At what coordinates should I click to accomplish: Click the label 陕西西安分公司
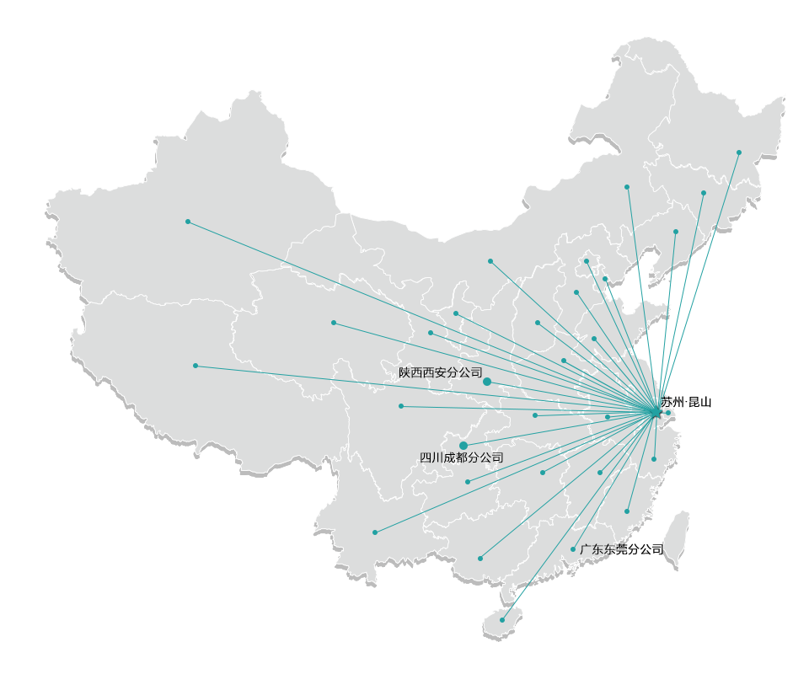[x=440, y=372]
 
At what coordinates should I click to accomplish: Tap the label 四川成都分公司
[x=462, y=457]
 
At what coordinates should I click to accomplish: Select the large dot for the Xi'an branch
[x=487, y=382]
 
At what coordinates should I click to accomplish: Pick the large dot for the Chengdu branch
[x=463, y=445]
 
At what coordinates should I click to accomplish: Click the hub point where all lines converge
[x=656, y=412]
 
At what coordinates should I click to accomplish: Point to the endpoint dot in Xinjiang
[x=188, y=222]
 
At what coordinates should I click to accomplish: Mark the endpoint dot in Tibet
[x=196, y=366]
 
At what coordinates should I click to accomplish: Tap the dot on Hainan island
[x=502, y=620]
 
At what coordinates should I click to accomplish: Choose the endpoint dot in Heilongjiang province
[x=739, y=152]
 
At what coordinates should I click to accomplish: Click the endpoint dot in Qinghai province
[x=334, y=323]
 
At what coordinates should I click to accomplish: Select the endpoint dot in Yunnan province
[x=375, y=532]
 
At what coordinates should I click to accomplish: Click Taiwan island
[x=675, y=539]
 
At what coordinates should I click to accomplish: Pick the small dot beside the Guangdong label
[x=573, y=549]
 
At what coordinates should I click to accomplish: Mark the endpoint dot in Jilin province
[x=704, y=193]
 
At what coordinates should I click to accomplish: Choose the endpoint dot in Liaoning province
[x=675, y=232]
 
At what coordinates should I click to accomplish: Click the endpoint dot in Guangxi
[x=480, y=559]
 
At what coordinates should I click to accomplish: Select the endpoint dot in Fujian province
[x=627, y=511]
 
